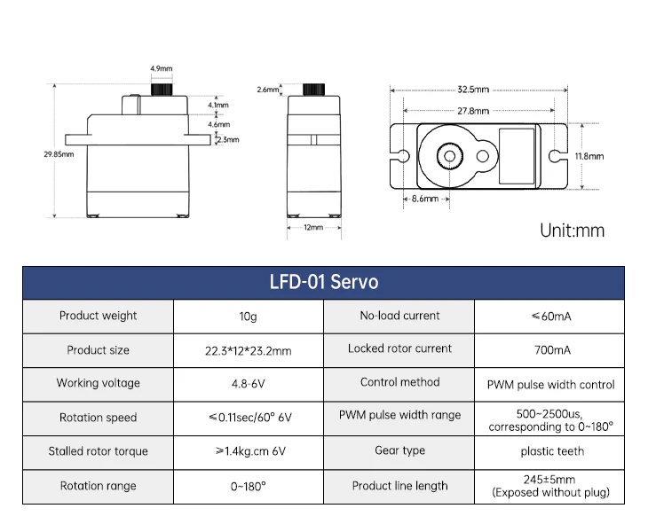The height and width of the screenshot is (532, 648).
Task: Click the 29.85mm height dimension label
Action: tap(59, 154)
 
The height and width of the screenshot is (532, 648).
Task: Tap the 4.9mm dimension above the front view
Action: tap(162, 68)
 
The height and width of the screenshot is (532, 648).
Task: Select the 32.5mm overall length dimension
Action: tap(473, 90)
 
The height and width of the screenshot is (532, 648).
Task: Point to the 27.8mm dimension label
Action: tap(473, 111)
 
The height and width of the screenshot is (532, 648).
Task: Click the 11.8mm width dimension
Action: tap(589, 156)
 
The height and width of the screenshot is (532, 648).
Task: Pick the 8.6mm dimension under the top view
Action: tap(425, 199)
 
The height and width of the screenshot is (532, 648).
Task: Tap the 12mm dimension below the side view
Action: tap(313, 227)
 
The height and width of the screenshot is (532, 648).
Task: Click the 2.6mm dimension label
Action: tap(268, 90)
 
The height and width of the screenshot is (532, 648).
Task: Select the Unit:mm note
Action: tap(572, 231)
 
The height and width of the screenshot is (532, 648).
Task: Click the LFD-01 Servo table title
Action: tap(324, 282)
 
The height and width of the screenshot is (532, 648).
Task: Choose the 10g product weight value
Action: tap(248, 317)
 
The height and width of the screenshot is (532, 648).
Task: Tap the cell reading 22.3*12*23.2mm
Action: tap(248, 351)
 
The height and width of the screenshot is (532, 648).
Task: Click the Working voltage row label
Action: tap(98, 383)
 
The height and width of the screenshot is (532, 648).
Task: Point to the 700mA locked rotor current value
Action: tap(552, 350)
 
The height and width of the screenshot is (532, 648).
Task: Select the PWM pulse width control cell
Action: tap(550, 385)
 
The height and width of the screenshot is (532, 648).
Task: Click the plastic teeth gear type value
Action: tap(552, 451)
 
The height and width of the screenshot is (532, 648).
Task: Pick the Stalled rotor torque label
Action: tap(98, 451)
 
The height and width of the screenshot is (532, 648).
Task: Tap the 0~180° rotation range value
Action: tap(248, 486)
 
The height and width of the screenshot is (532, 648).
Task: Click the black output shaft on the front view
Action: tap(162, 90)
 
